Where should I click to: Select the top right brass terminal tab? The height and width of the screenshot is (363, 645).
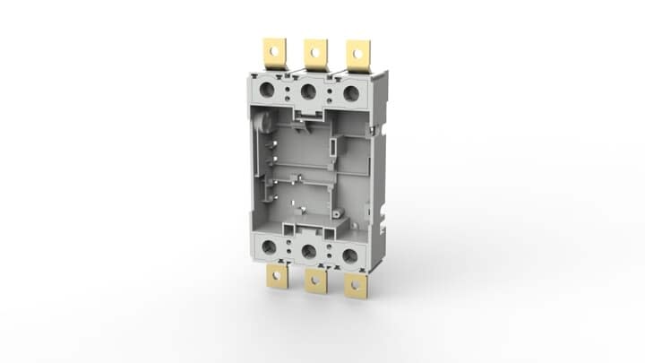pos(357,55)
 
